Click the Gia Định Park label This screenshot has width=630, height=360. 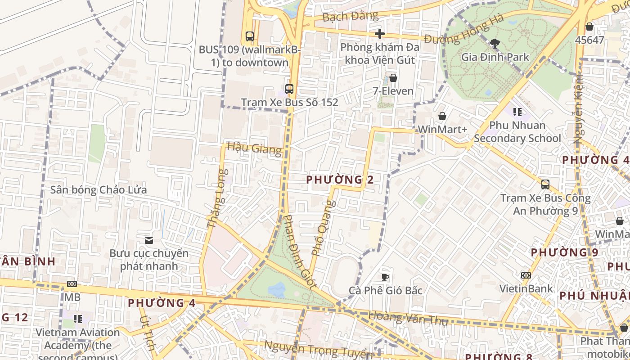tap(495, 57)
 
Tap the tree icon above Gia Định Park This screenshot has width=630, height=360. tap(495, 44)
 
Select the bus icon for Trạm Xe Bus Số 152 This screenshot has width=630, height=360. tap(289, 89)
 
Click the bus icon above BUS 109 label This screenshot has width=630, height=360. tap(250, 36)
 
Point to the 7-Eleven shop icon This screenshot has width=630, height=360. tap(393, 78)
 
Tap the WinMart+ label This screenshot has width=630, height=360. tap(442, 129)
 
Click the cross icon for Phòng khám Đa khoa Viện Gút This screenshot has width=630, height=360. tap(380, 34)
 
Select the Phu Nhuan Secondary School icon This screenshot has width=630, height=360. tap(517, 112)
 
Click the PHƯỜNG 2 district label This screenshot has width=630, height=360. tap(340, 180)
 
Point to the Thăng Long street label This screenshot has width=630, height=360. tap(215, 198)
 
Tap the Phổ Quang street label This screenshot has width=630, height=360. tap(324, 228)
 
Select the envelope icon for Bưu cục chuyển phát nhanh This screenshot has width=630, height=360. tap(149, 240)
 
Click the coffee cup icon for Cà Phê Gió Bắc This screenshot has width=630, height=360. tap(385, 277)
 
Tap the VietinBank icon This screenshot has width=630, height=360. tap(526, 275)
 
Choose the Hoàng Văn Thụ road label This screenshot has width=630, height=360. tap(408, 318)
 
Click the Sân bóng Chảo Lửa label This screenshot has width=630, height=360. tap(99, 189)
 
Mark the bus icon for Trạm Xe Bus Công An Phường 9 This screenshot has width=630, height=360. tap(545, 184)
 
